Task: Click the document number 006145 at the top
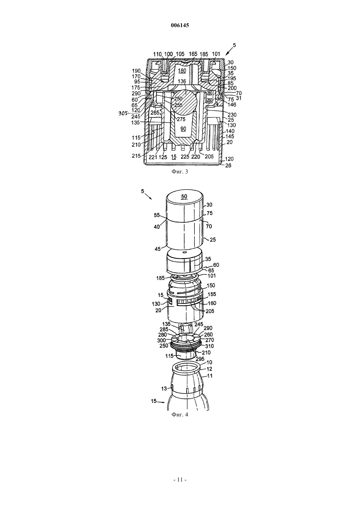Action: click(x=180, y=26)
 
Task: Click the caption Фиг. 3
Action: click(x=180, y=171)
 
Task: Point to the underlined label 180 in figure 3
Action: click(x=182, y=71)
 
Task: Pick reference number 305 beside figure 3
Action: click(x=123, y=114)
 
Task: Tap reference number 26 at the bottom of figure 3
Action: click(x=228, y=166)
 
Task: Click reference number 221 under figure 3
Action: click(x=153, y=157)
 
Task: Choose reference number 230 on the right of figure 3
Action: click(x=232, y=115)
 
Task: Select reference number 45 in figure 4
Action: click(x=158, y=249)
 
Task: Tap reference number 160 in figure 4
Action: click(x=212, y=303)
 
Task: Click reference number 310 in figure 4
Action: click(x=209, y=346)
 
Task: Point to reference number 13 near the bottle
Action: click(x=164, y=389)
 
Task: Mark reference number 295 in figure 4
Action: click(x=200, y=359)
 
